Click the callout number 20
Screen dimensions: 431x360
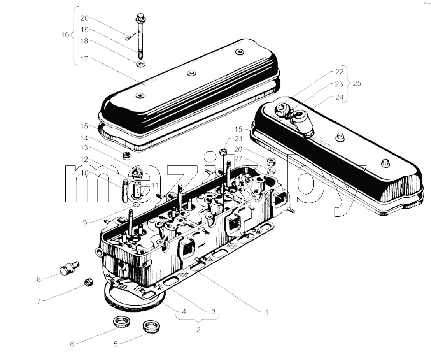[84, 18]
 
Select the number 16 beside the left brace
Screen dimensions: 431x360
[65, 35]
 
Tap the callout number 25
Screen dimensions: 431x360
[357, 83]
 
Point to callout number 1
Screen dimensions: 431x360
[266, 313]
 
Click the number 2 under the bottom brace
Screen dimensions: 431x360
[198, 330]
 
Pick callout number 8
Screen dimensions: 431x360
[39, 279]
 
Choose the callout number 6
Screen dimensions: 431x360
[72, 344]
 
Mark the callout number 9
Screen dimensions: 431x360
[85, 223]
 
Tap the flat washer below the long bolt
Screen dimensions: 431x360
[141, 65]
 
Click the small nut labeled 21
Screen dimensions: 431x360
[223, 151]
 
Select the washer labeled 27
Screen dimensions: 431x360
[271, 170]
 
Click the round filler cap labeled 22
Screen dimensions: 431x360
[282, 109]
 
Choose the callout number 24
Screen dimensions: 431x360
[339, 97]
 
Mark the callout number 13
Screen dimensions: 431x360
[84, 148]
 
